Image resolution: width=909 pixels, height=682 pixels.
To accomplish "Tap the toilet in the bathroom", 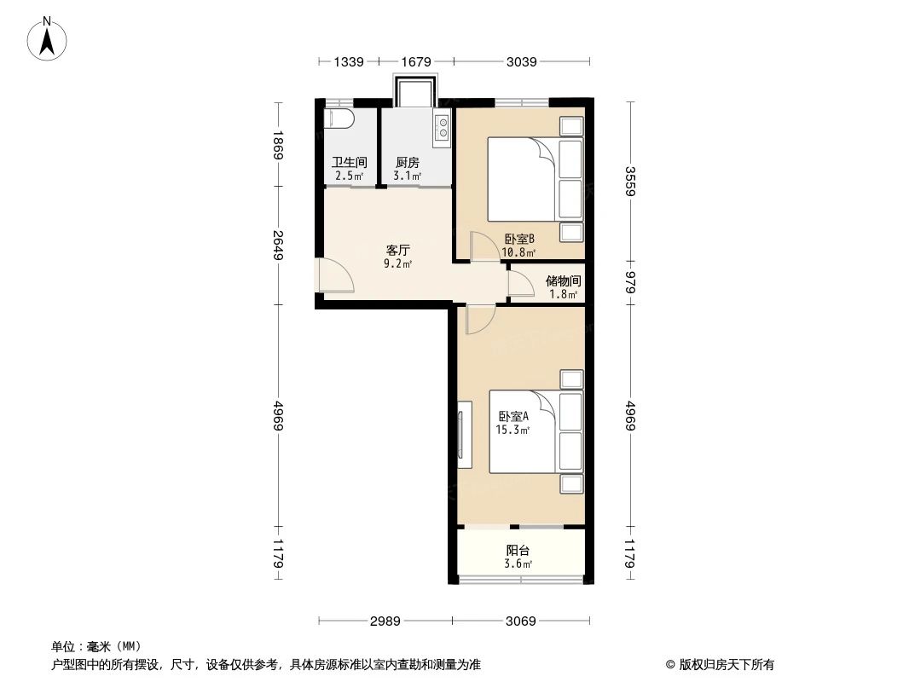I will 339,118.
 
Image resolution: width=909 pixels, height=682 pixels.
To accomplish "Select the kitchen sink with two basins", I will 443,128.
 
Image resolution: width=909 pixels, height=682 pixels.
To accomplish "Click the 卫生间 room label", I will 349,162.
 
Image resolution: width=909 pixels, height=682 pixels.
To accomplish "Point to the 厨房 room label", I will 408,162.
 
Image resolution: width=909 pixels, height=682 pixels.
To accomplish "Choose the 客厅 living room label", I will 398,251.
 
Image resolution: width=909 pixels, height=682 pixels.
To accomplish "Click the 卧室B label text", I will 519,239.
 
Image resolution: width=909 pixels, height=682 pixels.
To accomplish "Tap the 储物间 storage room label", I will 564,280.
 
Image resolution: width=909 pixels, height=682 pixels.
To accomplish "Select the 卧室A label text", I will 514,417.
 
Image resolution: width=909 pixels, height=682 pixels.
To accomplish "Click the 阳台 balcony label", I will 518,551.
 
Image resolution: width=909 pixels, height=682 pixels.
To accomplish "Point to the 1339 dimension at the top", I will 349,61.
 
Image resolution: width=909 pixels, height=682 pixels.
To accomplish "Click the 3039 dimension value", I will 522,61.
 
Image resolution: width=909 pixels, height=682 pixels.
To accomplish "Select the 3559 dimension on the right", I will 631,181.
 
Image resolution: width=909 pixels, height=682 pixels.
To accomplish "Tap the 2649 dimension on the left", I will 277,246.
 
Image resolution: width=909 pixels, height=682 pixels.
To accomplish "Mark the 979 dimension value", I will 631,281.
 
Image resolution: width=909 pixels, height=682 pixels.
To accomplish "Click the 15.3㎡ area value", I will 513,431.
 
